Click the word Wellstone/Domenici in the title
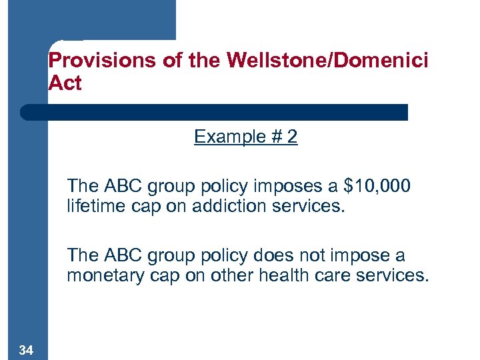pyautogui.click(x=327, y=61)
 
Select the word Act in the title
pyautogui.click(x=65, y=84)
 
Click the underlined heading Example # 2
pyautogui.click(x=245, y=137)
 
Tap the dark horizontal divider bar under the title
pyautogui.click(x=213, y=111)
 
